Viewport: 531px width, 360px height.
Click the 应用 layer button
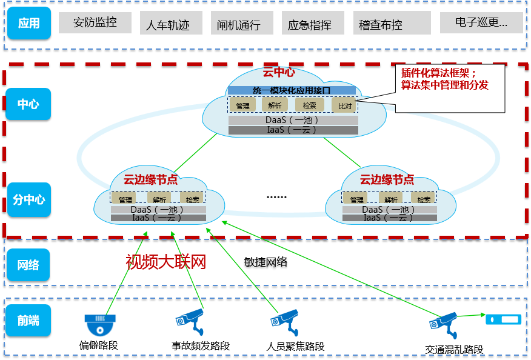pos(28,24)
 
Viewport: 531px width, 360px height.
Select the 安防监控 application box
pos(95,23)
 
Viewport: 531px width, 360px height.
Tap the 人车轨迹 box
pos(168,24)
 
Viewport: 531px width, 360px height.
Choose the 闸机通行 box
pos(239,24)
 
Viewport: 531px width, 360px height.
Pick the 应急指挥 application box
pos(309,24)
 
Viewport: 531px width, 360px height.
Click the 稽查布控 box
pos(380,24)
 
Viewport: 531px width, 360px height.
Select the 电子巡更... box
pos(481,23)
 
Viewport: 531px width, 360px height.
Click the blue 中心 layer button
pos(28,104)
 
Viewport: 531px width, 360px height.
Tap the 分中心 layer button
pos(28,199)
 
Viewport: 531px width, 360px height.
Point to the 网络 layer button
pos(28,265)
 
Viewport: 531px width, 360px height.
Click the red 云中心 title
pos(279,73)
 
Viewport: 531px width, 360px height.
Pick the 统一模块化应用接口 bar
pos(292,90)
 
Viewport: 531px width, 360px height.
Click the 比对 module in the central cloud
pos(344,105)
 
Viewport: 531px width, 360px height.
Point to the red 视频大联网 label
pos(166,262)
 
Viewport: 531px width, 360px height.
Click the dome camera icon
pos(100,324)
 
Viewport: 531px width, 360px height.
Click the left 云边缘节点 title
pos(150,179)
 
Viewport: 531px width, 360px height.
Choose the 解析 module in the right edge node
pos(390,199)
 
